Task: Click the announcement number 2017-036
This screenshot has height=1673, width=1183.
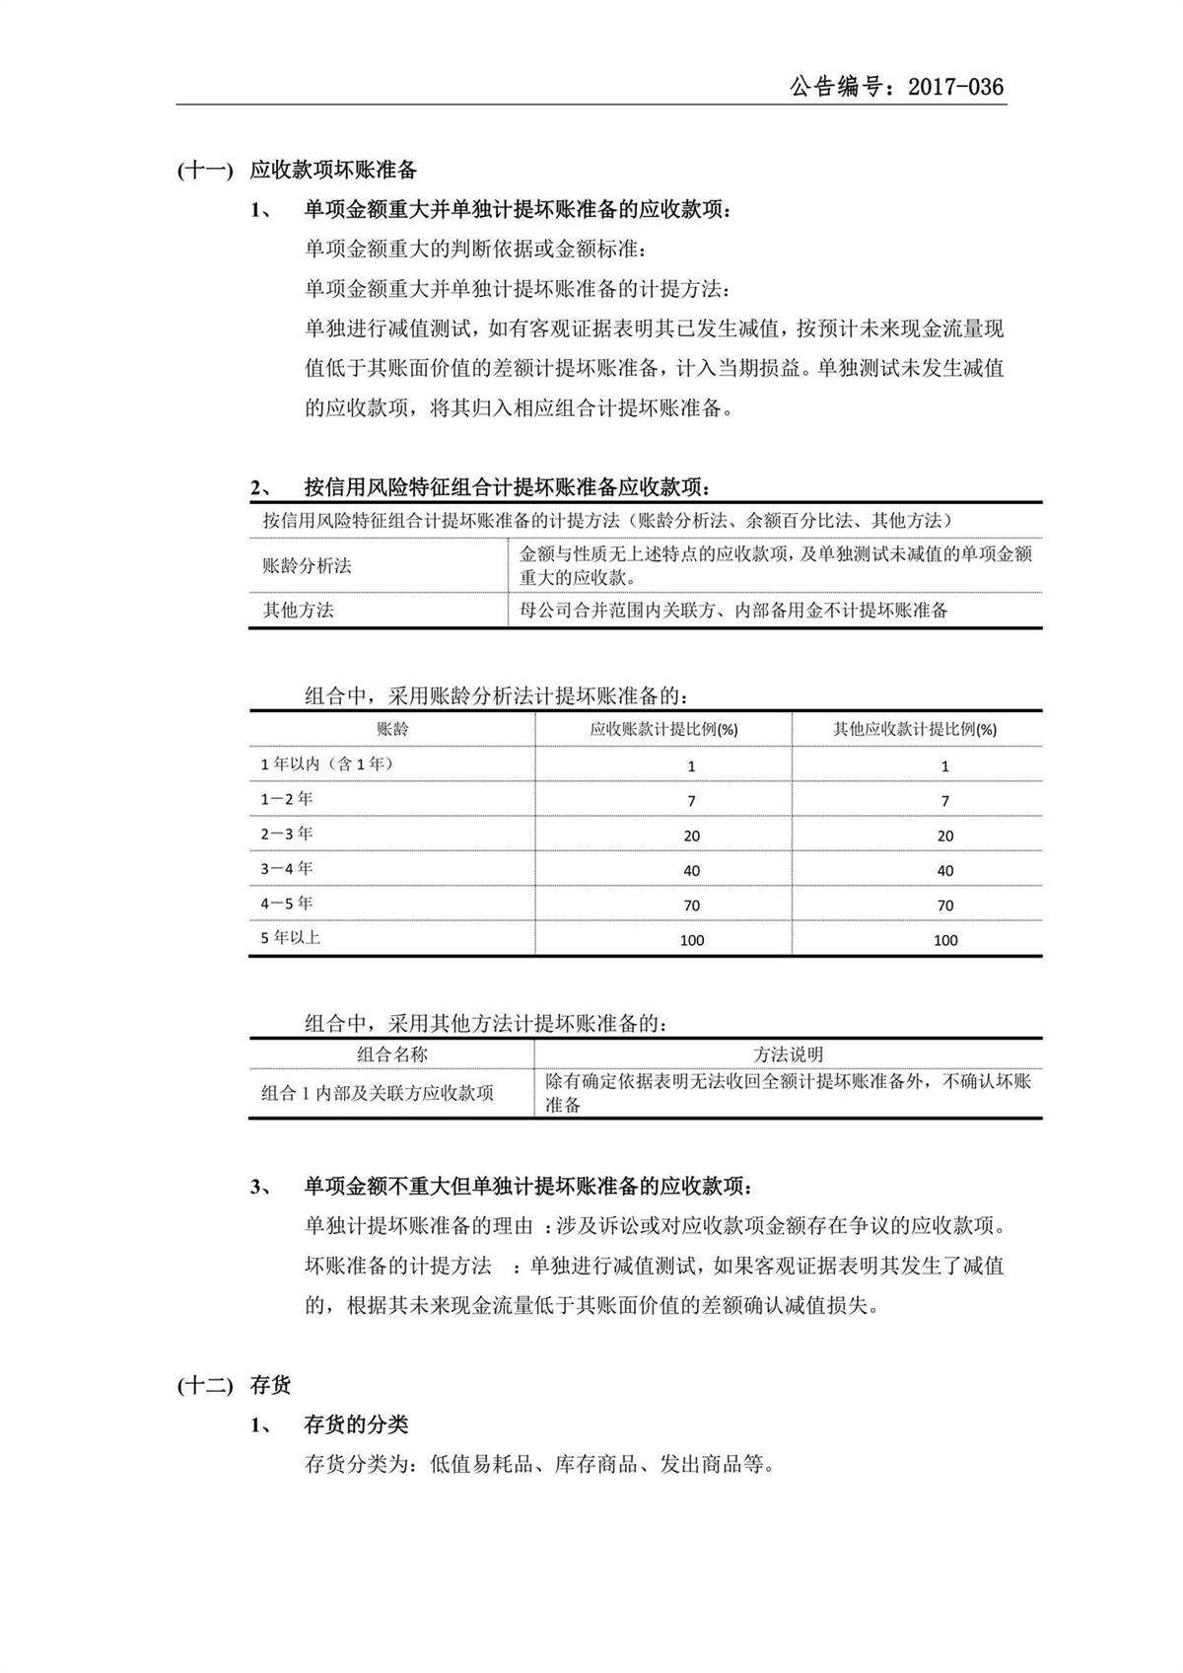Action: (955, 87)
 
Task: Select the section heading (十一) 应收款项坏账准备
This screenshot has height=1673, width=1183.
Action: (297, 170)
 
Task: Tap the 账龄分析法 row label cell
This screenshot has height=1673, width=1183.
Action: (307, 565)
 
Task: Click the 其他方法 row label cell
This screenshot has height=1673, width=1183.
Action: (298, 610)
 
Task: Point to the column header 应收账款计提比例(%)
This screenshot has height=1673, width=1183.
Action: (663, 729)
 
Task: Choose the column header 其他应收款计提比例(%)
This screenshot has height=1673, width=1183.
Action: (915, 729)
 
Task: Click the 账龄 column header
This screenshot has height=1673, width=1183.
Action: (392, 729)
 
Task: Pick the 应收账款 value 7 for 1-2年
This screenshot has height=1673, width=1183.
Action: (691, 800)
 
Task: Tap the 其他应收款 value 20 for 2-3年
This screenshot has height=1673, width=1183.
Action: (944, 836)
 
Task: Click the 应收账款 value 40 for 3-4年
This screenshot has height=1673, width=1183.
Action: (691, 870)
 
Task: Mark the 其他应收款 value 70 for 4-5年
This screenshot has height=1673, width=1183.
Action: (944, 905)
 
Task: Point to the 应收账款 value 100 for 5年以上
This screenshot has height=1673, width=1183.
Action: (691, 940)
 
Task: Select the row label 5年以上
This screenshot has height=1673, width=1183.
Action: (291, 937)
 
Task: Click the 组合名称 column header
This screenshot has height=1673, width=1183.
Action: (392, 1054)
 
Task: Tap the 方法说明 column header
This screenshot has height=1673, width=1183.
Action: (788, 1054)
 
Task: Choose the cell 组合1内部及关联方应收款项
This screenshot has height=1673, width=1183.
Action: (378, 1093)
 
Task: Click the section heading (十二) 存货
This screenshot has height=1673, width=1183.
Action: (235, 1385)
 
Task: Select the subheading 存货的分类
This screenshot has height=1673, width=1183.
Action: (356, 1424)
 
